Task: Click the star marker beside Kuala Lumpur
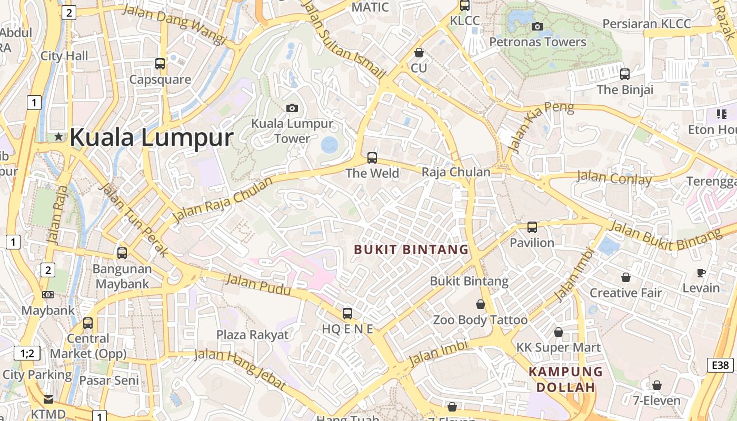pos(58,137)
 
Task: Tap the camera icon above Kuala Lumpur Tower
pos(292,108)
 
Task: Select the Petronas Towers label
pos(537,42)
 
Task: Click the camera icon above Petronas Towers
pos(537,26)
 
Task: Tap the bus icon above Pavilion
pos(532,227)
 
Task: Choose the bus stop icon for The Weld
pos(372,157)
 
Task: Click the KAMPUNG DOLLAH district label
pos(565,379)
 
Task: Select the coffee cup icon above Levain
pos(701,272)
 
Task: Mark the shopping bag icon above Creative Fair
pos(626,277)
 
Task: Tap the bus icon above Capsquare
pos(160,64)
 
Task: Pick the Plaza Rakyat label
pos(253,335)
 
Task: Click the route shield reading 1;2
pos(27,353)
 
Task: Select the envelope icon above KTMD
pos(48,399)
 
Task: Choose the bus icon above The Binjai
pos(625,74)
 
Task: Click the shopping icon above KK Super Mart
pos(559,332)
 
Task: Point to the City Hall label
pos(64,55)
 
